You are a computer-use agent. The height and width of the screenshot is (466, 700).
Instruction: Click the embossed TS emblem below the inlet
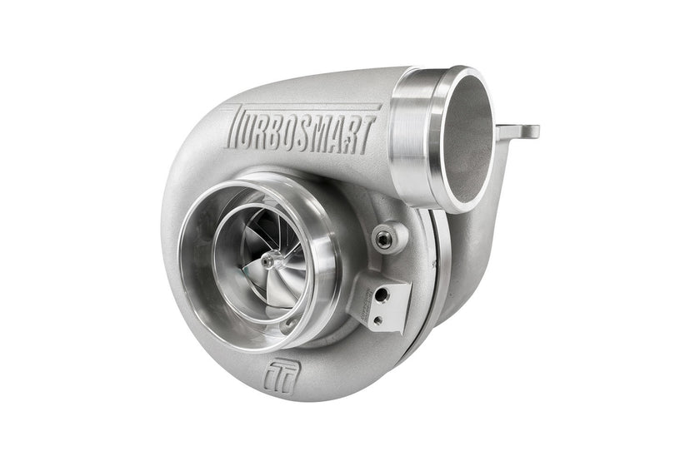[280, 377]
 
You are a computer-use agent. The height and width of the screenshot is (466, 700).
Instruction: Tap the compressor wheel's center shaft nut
[270, 260]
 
